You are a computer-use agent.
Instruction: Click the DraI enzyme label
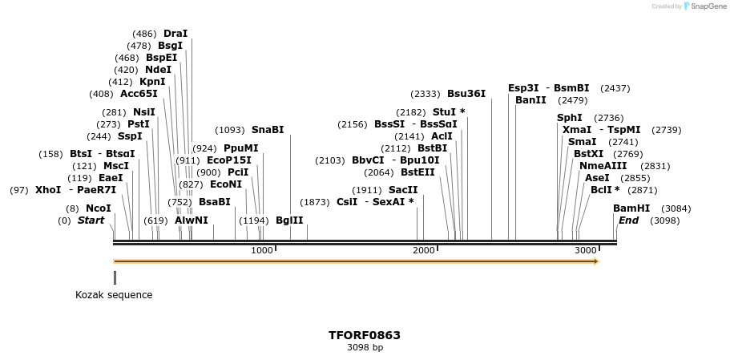click(175, 34)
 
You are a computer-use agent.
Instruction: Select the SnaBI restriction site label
click(268, 130)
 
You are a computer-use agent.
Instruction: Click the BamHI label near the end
click(631, 208)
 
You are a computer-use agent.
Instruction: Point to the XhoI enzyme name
click(48, 190)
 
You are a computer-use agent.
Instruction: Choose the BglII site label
click(289, 220)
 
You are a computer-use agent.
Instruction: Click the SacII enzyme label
click(403, 190)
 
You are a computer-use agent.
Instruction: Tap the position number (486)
click(145, 34)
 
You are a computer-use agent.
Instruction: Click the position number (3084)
click(676, 208)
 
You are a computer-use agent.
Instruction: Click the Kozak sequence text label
click(114, 294)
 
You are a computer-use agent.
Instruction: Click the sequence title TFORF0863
click(365, 335)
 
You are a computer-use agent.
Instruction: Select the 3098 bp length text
click(365, 348)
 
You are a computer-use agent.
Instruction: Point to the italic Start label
click(91, 220)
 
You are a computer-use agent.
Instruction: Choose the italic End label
click(628, 220)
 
